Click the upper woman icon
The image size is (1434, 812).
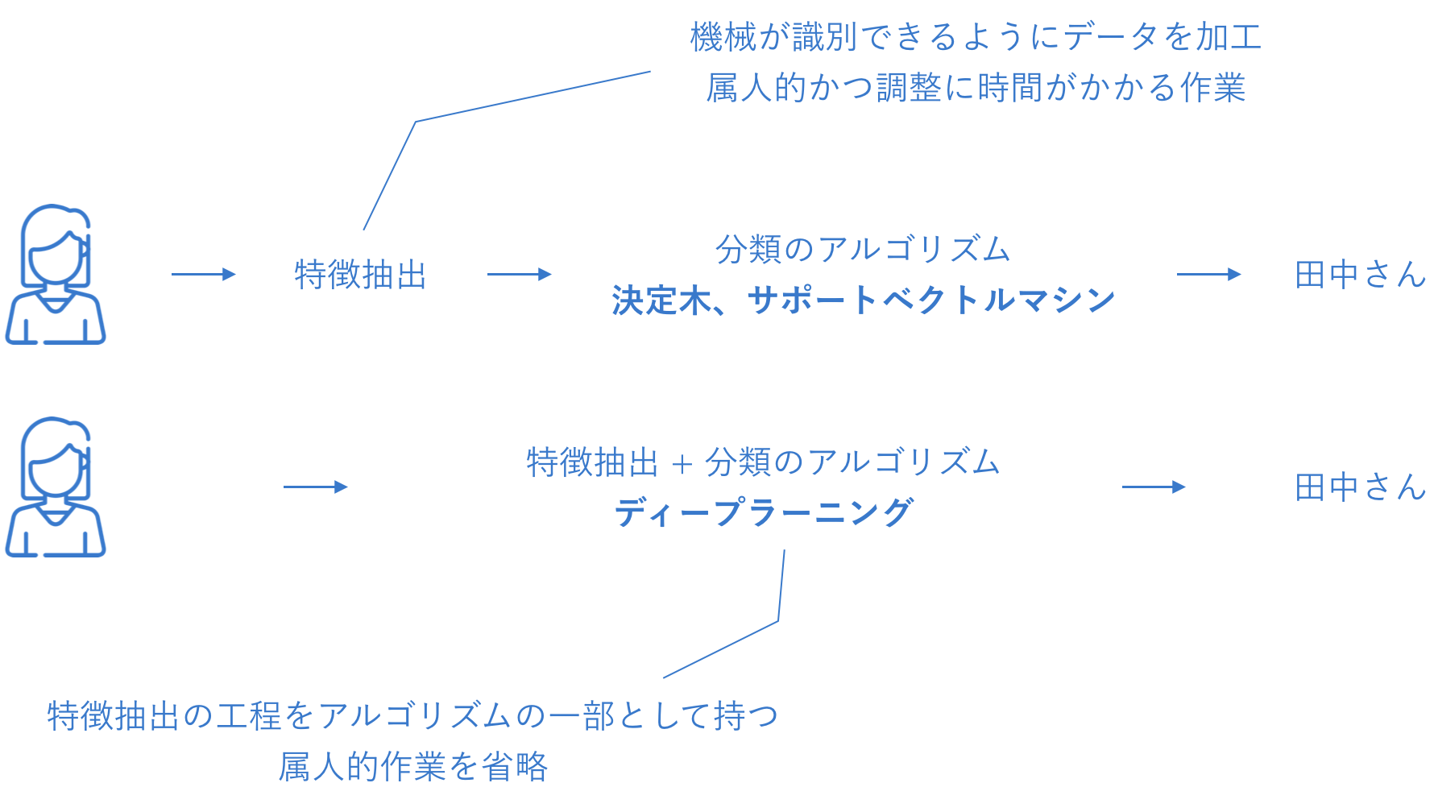coord(56,274)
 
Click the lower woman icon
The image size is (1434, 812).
coord(56,487)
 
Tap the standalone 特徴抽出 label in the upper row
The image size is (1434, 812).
coord(360,275)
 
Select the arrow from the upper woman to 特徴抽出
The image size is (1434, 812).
coord(203,274)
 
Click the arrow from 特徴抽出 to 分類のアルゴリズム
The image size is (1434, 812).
coord(519,274)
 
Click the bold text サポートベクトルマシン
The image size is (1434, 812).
coord(931,300)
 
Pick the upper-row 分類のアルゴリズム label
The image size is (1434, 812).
coord(863,249)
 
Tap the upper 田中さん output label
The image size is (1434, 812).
coord(1360,275)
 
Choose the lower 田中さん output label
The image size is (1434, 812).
coord(1360,487)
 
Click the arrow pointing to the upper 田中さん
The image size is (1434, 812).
coord(1208,274)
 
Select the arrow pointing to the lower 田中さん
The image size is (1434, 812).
coord(1154,487)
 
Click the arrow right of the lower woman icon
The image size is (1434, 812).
coord(315,487)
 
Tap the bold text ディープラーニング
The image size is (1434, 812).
coord(764,512)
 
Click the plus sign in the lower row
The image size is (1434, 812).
coord(682,464)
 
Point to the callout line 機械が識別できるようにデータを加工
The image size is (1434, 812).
coord(976,37)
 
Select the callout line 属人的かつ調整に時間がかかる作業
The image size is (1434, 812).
coord(976,88)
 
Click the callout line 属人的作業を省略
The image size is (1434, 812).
coord(413,766)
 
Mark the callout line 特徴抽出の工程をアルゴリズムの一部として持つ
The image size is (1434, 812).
coord(413,715)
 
